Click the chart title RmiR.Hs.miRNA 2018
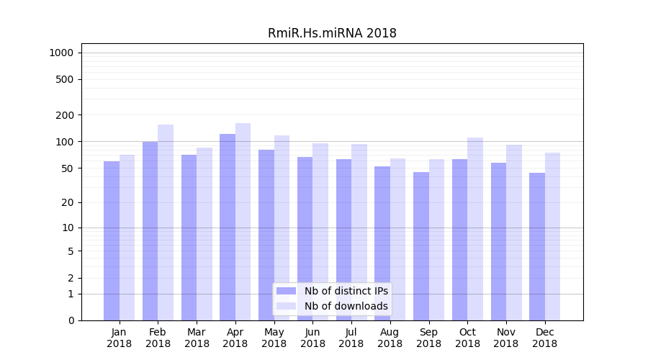click(332, 33)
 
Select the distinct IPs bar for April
click(228, 227)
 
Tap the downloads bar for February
click(166, 222)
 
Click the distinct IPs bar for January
click(112, 240)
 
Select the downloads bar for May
click(282, 228)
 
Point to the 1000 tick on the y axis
click(61, 53)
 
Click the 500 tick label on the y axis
click(65, 79)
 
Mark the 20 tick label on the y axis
click(68, 202)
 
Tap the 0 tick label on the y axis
click(71, 320)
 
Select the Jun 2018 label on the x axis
click(312, 338)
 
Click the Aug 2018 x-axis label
click(390, 338)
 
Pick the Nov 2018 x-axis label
click(506, 338)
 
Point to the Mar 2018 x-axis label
click(197, 338)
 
